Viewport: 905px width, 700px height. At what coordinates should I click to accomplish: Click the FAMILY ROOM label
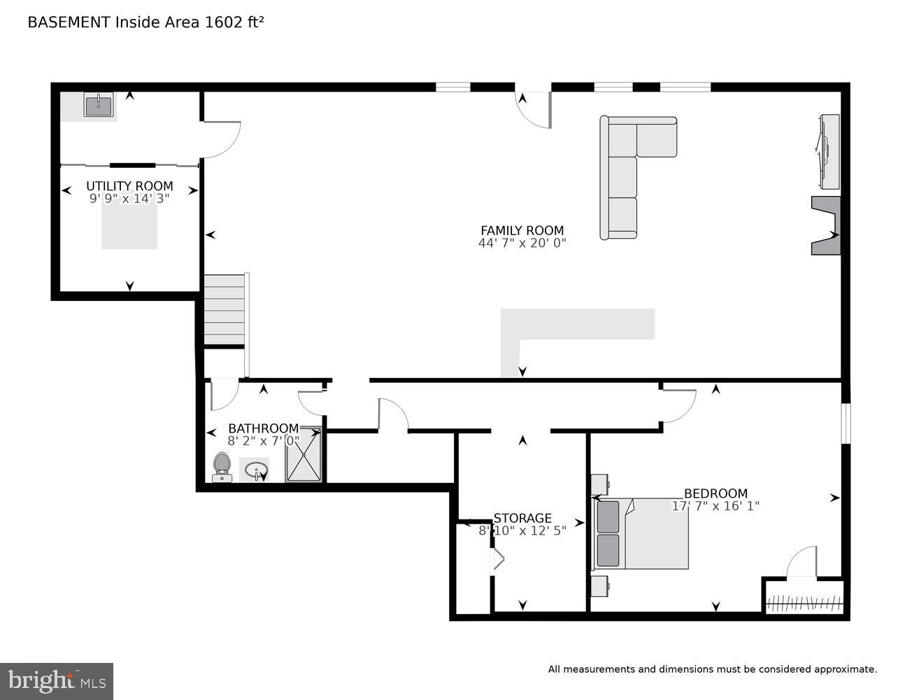click(522, 230)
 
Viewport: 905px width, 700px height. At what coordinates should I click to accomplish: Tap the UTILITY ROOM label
click(129, 186)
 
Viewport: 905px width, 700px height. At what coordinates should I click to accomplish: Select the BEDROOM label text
click(715, 493)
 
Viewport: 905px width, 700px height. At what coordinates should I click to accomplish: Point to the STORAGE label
click(522, 518)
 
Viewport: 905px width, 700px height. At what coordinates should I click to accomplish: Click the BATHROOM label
click(263, 428)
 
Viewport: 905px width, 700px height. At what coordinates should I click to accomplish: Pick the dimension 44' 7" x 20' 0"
click(522, 244)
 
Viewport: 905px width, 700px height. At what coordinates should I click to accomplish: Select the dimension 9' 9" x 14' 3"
click(129, 199)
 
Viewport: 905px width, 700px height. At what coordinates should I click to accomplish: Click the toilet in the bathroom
click(222, 467)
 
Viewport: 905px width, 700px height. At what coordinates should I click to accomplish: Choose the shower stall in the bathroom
click(304, 455)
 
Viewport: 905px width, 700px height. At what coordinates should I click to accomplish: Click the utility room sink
click(98, 106)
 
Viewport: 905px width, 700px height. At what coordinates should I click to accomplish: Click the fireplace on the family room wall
click(826, 225)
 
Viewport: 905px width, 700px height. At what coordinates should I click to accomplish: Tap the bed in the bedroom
click(642, 533)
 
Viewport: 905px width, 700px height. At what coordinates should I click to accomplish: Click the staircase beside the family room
click(225, 309)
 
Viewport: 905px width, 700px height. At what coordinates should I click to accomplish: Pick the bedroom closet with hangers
click(804, 601)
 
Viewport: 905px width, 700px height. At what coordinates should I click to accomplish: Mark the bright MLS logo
click(57, 680)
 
